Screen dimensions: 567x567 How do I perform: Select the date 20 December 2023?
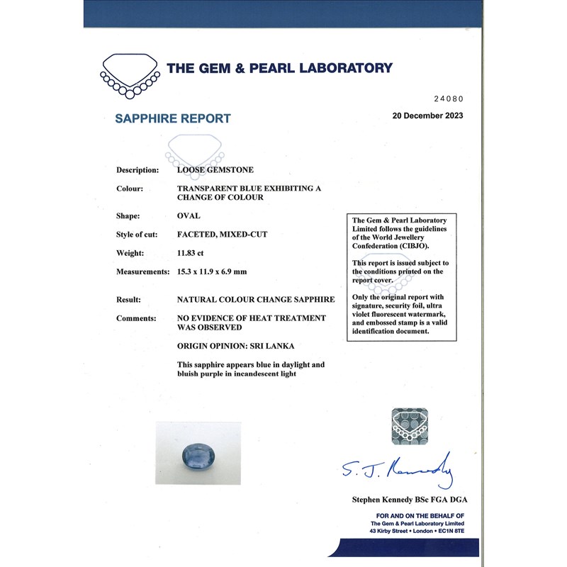pyautogui.click(x=427, y=116)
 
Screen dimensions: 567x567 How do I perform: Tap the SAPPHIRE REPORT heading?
pyautogui.click(x=173, y=119)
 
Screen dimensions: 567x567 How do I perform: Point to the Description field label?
pyautogui.click(x=137, y=170)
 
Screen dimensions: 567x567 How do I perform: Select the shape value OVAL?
pyautogui.click(x=189, y=215)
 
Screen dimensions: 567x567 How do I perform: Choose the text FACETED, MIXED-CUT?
pyautogui.click(x=222, y=234)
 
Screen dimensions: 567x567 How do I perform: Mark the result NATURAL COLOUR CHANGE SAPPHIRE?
pyautogui.click(x=255, y=300)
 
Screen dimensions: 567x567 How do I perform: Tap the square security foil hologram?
pyautogui.click(x=410, y=427)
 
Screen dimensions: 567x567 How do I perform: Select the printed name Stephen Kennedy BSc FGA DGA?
pyautogui.click(x=410, y=500)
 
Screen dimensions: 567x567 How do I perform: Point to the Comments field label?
pyautogui.click(x=136, y=318)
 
